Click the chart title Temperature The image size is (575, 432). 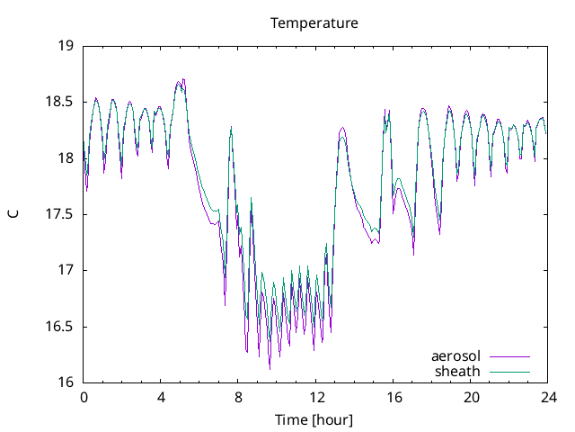[314, 22]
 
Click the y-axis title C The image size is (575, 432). [13, 214]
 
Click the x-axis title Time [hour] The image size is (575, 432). [314, 419]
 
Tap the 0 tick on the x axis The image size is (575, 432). [84, 396]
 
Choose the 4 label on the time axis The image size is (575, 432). [161, 396]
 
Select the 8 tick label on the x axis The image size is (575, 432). [239, 396]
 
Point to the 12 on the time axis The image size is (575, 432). [316, 396]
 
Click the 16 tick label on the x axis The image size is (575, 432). [394, 396]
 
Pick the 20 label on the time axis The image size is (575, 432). [471, 396]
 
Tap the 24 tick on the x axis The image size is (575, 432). [548, 396]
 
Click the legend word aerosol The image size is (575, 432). [456, 356]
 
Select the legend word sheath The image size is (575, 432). [458, 371]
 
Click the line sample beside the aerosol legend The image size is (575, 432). [509, 356]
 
